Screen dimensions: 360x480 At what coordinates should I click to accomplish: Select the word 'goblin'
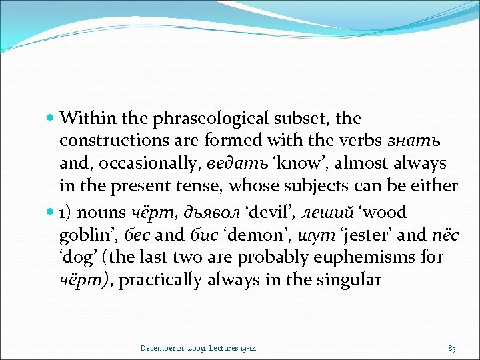[x=83, y=235]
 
